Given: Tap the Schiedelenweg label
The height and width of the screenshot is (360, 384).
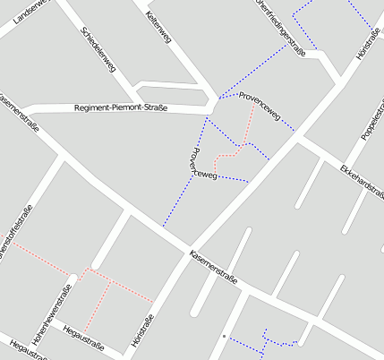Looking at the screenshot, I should pos(98,53).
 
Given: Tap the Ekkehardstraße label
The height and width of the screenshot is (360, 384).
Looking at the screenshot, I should pos(361,184).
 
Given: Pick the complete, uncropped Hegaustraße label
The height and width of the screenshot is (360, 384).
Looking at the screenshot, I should pos(83,341).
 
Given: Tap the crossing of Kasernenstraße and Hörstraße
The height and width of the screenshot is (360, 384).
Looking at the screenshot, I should pos(189,249).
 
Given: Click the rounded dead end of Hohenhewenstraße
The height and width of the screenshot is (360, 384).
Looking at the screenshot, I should pos(74,277).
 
